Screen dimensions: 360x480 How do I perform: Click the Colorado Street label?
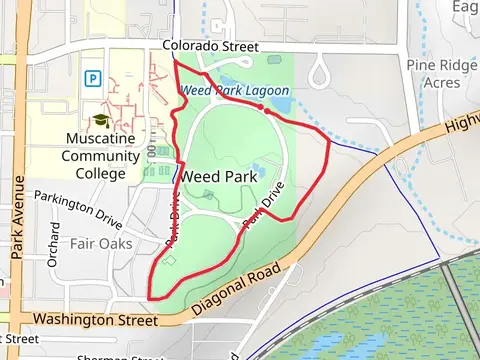pos(210,47)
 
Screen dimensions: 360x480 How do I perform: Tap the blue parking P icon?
pos(93,77)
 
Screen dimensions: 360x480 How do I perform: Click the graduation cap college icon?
pos(100,120)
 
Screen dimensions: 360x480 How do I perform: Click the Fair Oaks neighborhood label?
pos(101,243)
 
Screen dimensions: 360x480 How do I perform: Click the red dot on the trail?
pos(261,107)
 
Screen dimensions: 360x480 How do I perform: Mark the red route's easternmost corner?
pos(330,140)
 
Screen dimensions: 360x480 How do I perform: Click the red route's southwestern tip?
pos(150,296)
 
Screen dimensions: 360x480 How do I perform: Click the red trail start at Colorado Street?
pos(175,60)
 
